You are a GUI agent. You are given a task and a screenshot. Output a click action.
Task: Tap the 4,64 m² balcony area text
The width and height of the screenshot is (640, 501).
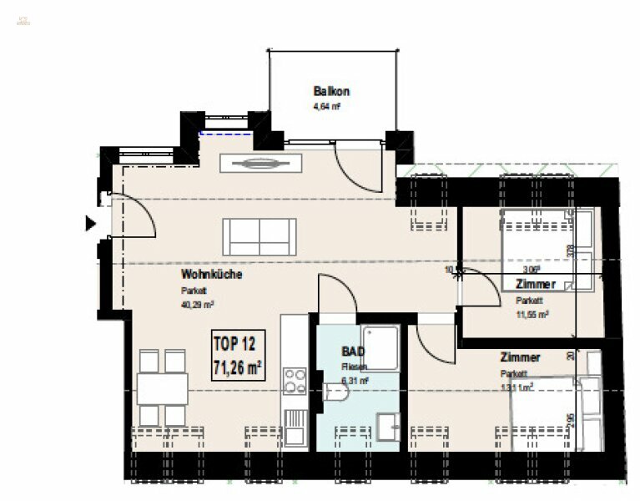coord(326,107)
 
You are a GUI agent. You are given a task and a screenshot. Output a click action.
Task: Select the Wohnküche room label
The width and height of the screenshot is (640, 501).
coord(212,274)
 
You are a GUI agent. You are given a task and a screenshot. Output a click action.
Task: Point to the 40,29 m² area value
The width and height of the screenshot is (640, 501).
coord(198,305)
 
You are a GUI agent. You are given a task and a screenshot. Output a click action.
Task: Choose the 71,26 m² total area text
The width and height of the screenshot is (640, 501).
coord(238,365)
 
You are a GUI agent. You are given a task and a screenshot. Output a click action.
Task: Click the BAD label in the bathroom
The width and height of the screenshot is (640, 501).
coord(352,352)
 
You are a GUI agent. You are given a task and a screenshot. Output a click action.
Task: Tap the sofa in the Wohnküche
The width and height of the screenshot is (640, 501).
coord(259,236)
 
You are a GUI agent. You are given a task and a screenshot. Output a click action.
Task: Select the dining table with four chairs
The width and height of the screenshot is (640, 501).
coord(162,387)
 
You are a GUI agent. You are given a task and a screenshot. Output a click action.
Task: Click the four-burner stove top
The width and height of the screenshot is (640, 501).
coord(295,381)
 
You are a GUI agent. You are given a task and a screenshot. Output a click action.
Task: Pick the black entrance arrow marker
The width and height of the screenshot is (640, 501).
coord(90,223)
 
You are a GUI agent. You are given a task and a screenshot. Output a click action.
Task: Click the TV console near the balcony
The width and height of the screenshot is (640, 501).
coord(251,164)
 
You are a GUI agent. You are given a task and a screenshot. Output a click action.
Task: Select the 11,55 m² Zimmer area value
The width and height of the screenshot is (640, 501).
coord(532,314)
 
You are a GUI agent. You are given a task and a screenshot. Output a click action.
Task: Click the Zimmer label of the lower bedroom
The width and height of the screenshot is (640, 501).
coord(521,357)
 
